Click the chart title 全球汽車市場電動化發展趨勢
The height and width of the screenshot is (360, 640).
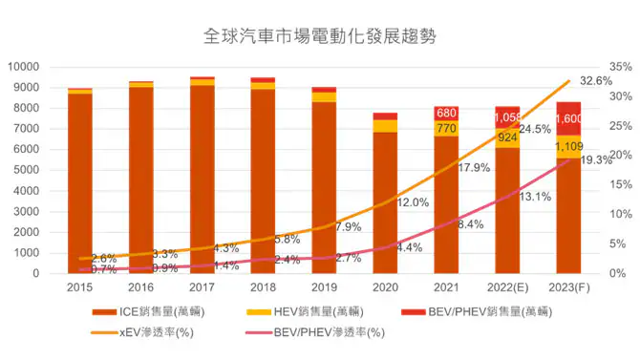pos(319,37)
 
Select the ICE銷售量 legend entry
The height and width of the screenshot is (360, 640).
pos(161,311)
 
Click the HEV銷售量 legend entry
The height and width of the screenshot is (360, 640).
pos(323,311)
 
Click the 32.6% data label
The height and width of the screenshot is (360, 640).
pos(596,81)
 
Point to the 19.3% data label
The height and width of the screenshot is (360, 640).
pos(597,159)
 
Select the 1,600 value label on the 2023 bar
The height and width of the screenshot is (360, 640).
pos(568,118)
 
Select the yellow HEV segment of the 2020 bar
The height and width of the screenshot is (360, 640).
pos(385,126)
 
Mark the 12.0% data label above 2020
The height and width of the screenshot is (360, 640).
pos(413,203)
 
